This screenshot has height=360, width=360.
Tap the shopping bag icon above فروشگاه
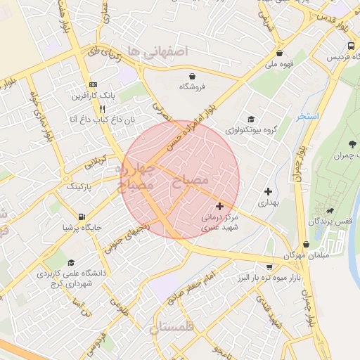click(x=192, y=75)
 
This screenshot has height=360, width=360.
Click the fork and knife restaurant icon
click(x=103, y=109)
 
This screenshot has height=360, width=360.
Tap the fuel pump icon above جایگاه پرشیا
click(x=82, y=217)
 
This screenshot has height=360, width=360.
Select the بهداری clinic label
click(x=268, y=202)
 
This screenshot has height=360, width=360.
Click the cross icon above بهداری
click(x=268, y=191)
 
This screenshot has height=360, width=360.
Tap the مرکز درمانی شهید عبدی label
click(x=220, y=223)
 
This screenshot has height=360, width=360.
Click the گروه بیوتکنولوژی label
click(x=250, y=130)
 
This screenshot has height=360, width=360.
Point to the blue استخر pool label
click(x=307, y=116)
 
